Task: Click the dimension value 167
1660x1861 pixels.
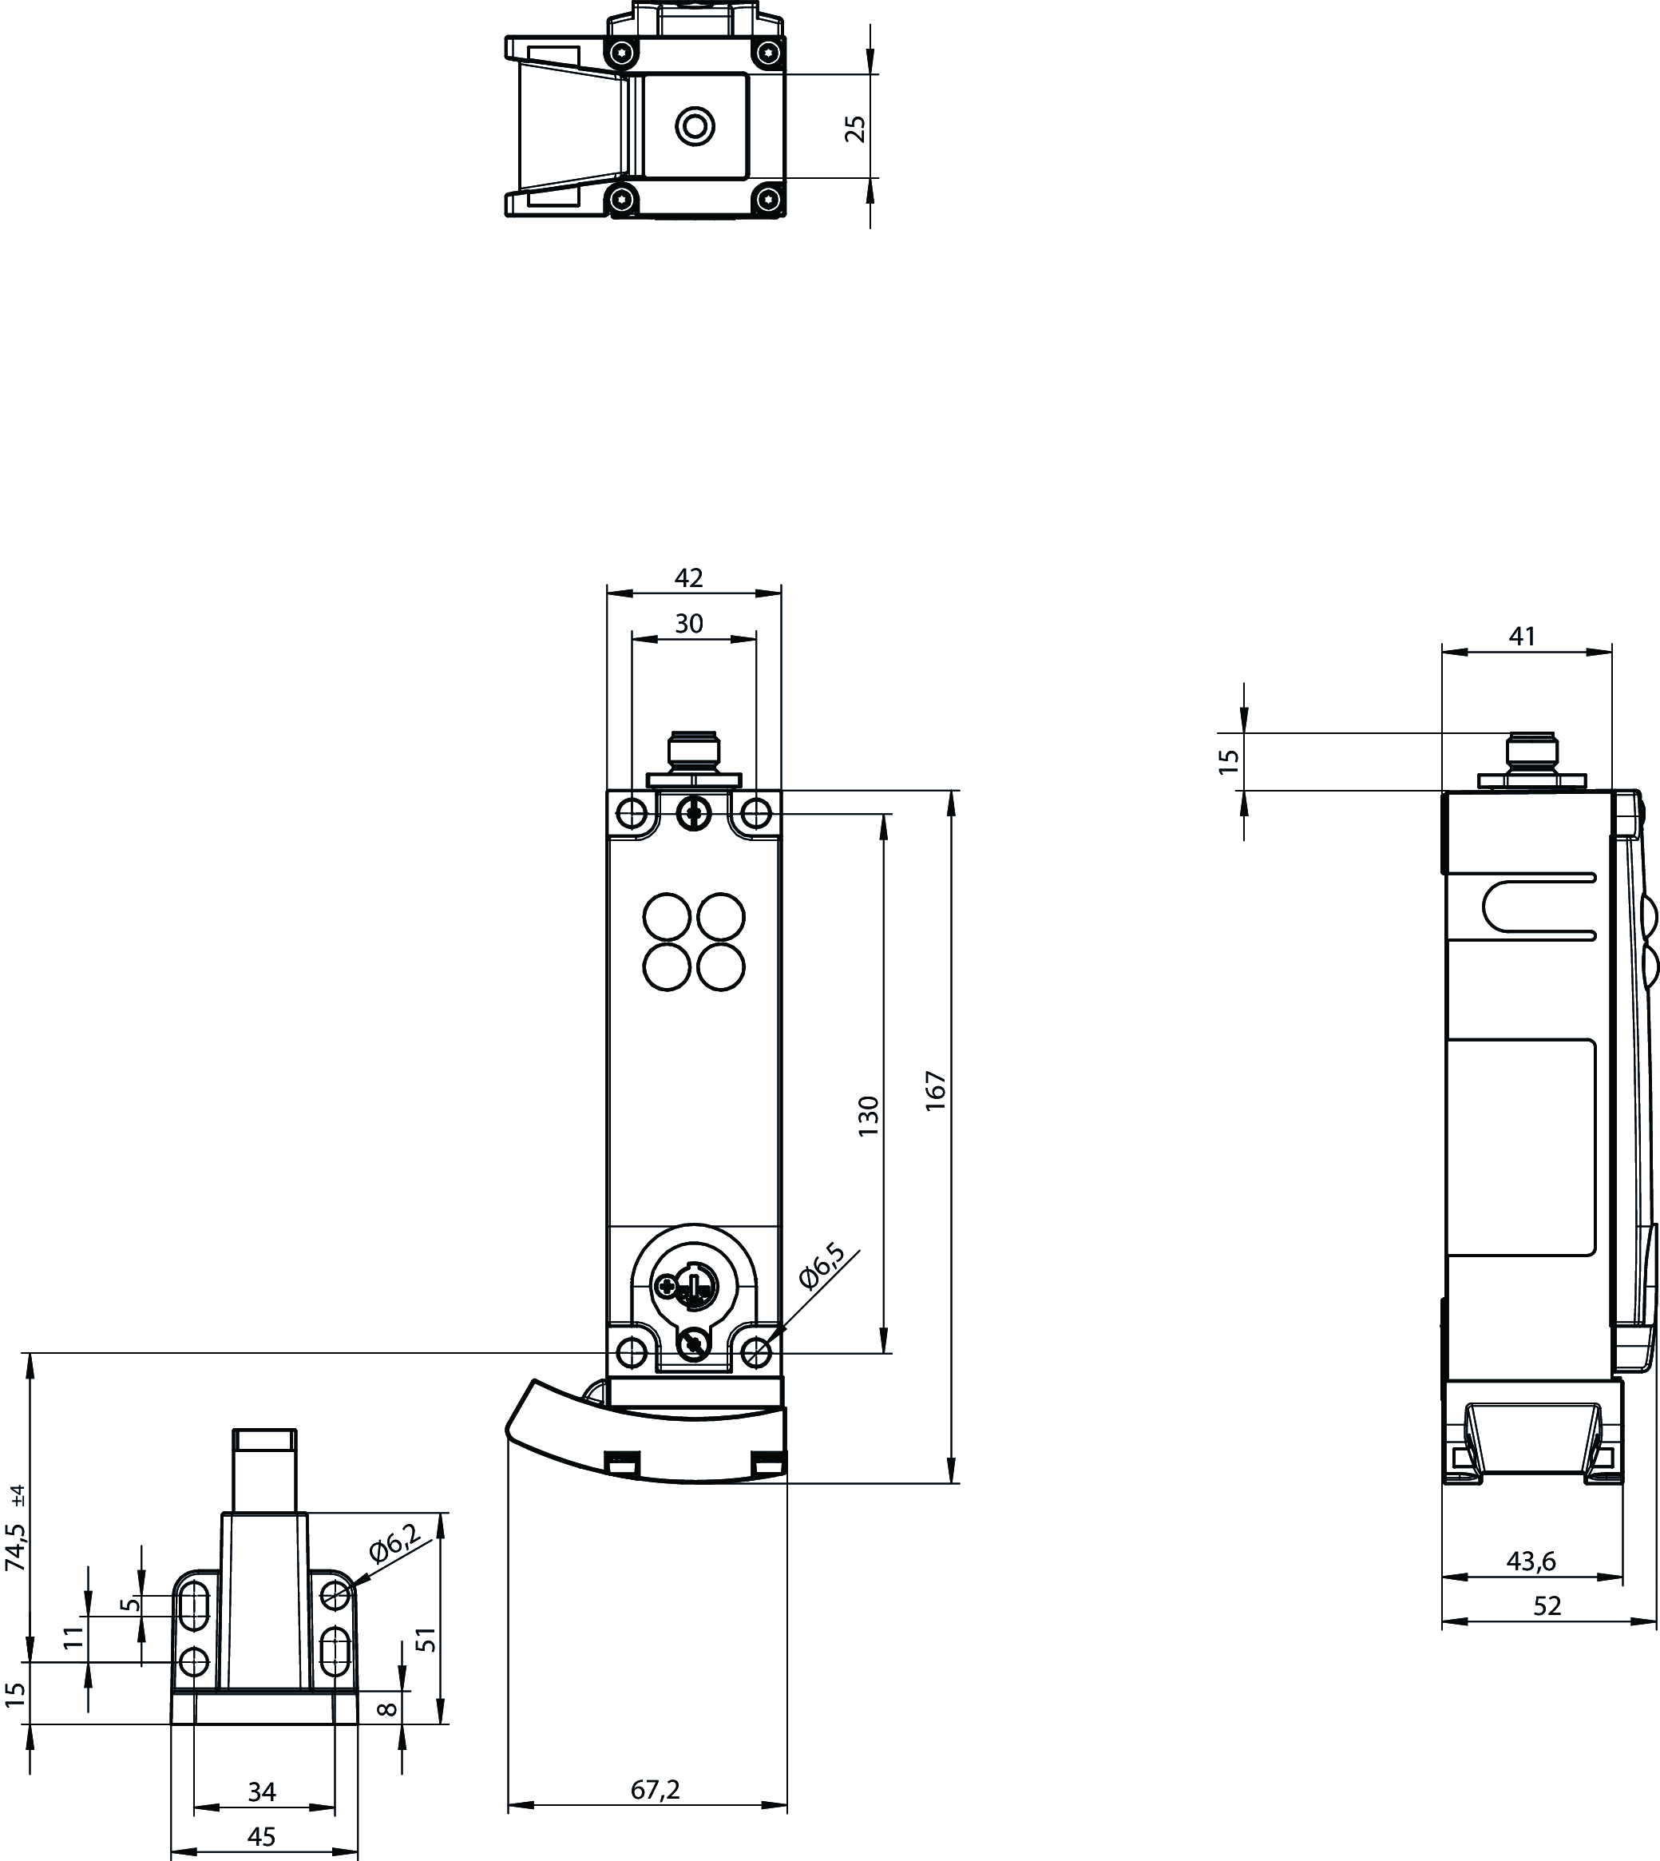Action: tap(937, 1090)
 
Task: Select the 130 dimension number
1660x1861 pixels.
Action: tap(870, 1116)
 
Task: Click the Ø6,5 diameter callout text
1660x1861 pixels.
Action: tap(822, 1265)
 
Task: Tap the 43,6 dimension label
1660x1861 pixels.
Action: tap(1531, 1561)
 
